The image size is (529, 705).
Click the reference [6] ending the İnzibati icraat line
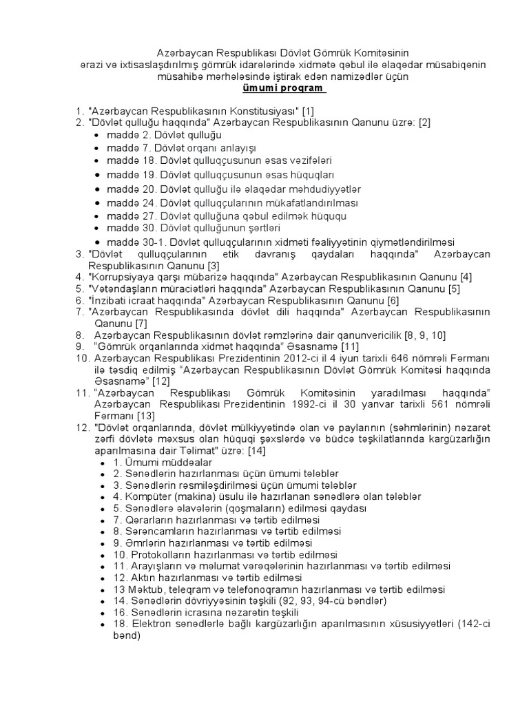[393, 300]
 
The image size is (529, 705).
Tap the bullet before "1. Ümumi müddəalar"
[103, 463]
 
